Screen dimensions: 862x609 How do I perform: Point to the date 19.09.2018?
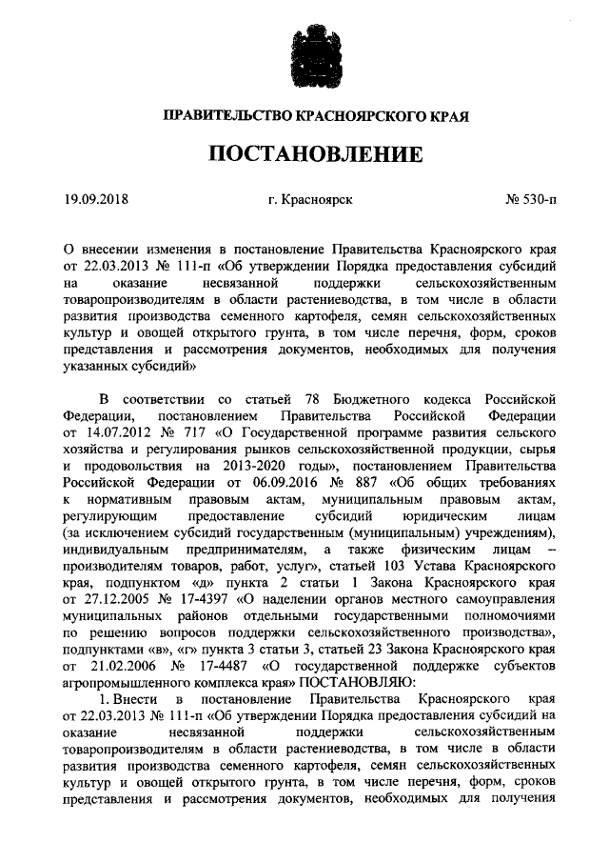click(x=96, y=200)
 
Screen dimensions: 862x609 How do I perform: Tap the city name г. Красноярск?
click(x=310, y=200)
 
